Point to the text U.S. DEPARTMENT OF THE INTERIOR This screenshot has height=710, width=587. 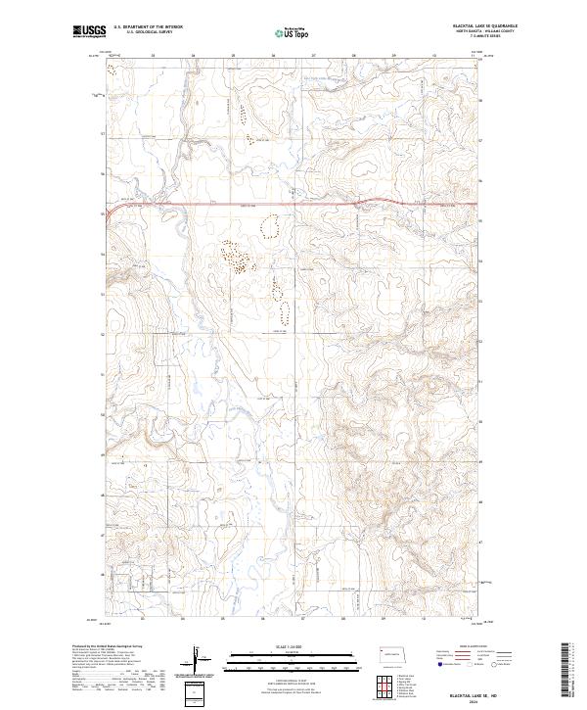click(147, 27)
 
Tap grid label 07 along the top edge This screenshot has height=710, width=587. click(313, 56)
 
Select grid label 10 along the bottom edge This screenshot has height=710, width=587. click(423, 619)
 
